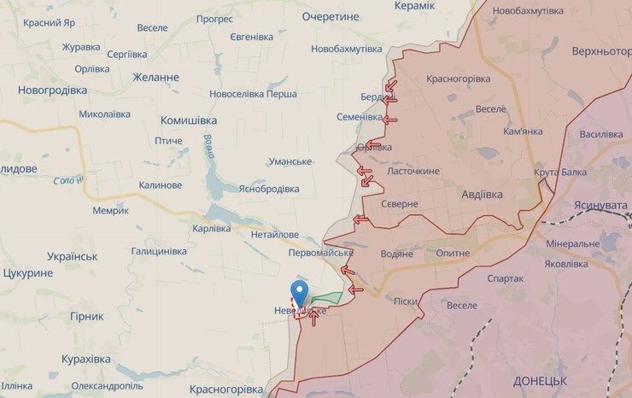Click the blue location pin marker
coord(300,293)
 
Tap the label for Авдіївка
coord(488,193)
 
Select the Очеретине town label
coord(331,16)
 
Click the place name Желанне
coord(155,77)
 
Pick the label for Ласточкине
coord(413,171)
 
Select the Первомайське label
coord(321,253)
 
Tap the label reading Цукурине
coord(28,273)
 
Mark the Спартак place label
coord(505,278)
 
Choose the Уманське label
coord(290,162)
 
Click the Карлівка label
coord(211,228)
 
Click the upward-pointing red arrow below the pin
coord(314,318)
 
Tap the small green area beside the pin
coord(325,298)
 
